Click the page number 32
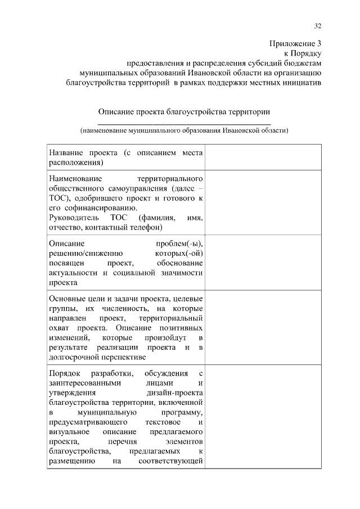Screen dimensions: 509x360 tap(317, 26)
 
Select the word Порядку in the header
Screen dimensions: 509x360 tap(307, 53)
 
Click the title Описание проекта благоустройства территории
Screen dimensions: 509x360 tap(184, 112)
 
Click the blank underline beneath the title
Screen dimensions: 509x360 tap(184, 123)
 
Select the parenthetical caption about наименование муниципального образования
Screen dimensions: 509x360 tap(184, 130)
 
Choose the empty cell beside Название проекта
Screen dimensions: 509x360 tap(263, 157)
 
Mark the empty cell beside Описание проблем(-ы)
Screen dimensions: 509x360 tap(263, 263)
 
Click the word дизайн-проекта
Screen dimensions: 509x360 tap(177, 393)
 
